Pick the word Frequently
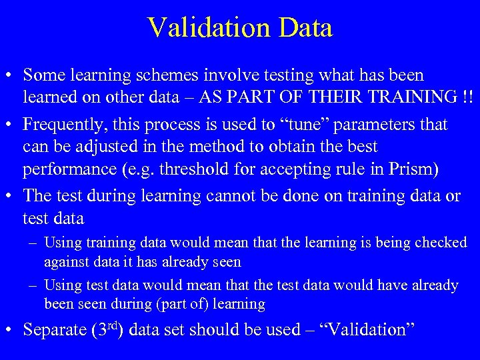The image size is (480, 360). tap(62, 125)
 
